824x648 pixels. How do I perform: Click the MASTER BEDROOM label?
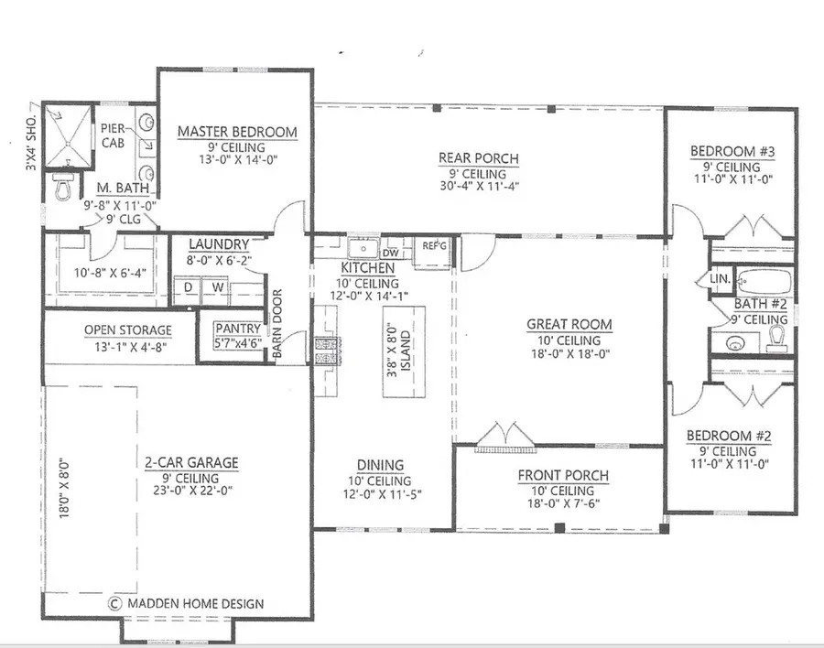point(237,132)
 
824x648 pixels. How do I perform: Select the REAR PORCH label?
point(478,158)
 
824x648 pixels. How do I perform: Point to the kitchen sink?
point(363,249)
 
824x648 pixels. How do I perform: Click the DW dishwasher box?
point(390,252)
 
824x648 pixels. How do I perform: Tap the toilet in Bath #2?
point(777,339)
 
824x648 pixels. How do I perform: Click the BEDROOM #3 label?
point(732,151)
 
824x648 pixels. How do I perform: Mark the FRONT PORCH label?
point(562,475)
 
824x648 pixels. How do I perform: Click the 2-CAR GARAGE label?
point(191,462)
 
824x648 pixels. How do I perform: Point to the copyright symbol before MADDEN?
point(115,603)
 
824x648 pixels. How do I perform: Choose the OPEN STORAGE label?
point(127,329)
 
